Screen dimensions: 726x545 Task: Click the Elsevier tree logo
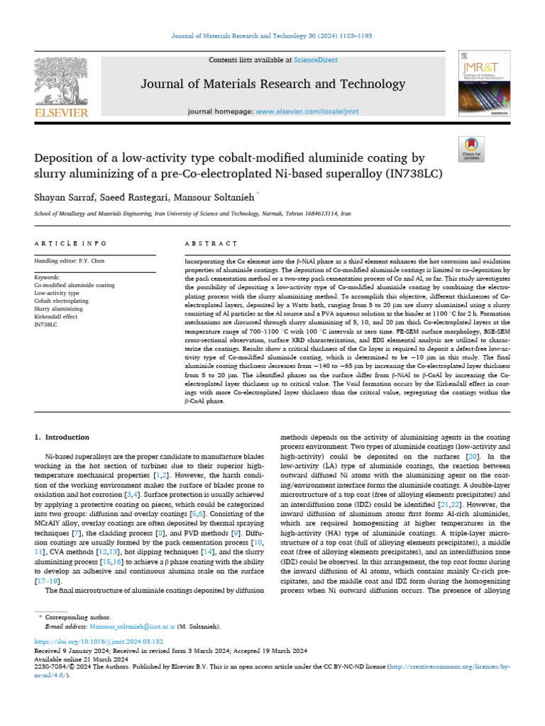pyautogui.click(x=60, y=79)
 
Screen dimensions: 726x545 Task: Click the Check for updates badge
pyautogui.click(x=472, y=148)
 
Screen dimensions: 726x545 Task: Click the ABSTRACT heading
pyautogui.click(x=210, y=243)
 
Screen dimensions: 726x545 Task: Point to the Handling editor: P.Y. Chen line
pyautogui.click(x=70, y=261)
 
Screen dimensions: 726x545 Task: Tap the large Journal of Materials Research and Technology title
pyautogui.click(x=272, y=84)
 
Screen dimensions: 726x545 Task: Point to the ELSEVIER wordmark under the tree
pyautogui.click(x=60, y=113)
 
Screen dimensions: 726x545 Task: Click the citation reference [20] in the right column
pyautogui.click(x=471, y=458)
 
